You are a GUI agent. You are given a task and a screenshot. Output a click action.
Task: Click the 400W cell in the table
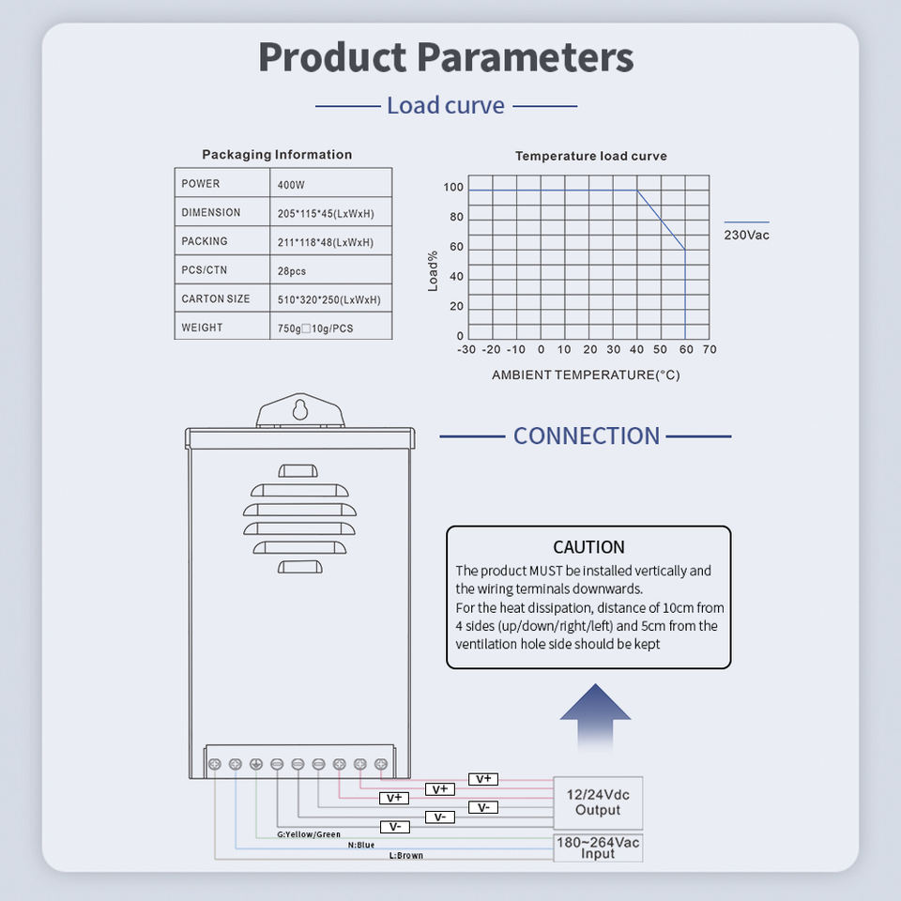[291, 185]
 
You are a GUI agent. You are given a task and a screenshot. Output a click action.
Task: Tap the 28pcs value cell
[292, 271]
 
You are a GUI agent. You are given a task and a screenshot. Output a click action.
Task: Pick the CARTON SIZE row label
[216, 299]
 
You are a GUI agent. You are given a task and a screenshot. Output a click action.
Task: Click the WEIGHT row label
[202, 328]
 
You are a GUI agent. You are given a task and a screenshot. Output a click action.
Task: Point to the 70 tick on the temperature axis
[710, 350]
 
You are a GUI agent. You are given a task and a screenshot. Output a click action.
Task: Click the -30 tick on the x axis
[466, 350]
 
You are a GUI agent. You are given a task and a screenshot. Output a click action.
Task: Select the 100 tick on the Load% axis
[453, 188]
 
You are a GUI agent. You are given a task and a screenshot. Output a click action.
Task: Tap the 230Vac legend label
[746, 235]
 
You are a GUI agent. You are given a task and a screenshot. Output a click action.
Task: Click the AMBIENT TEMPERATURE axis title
[586, 375]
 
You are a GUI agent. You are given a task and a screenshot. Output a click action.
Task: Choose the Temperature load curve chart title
[591, 156]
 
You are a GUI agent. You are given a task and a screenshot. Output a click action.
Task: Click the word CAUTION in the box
[588, 547]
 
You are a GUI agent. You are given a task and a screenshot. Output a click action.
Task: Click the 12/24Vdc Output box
[598, 802]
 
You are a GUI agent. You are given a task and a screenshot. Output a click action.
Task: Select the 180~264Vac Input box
[598, 848]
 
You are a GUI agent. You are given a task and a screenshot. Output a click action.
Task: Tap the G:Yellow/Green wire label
[309, 833]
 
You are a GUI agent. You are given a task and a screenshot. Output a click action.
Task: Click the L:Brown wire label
[406, 856]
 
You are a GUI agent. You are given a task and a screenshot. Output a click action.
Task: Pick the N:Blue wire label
[361, 845]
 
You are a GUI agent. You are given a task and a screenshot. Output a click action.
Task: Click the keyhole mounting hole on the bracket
[300, 410]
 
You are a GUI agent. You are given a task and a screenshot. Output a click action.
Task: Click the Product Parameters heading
[446, 57]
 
